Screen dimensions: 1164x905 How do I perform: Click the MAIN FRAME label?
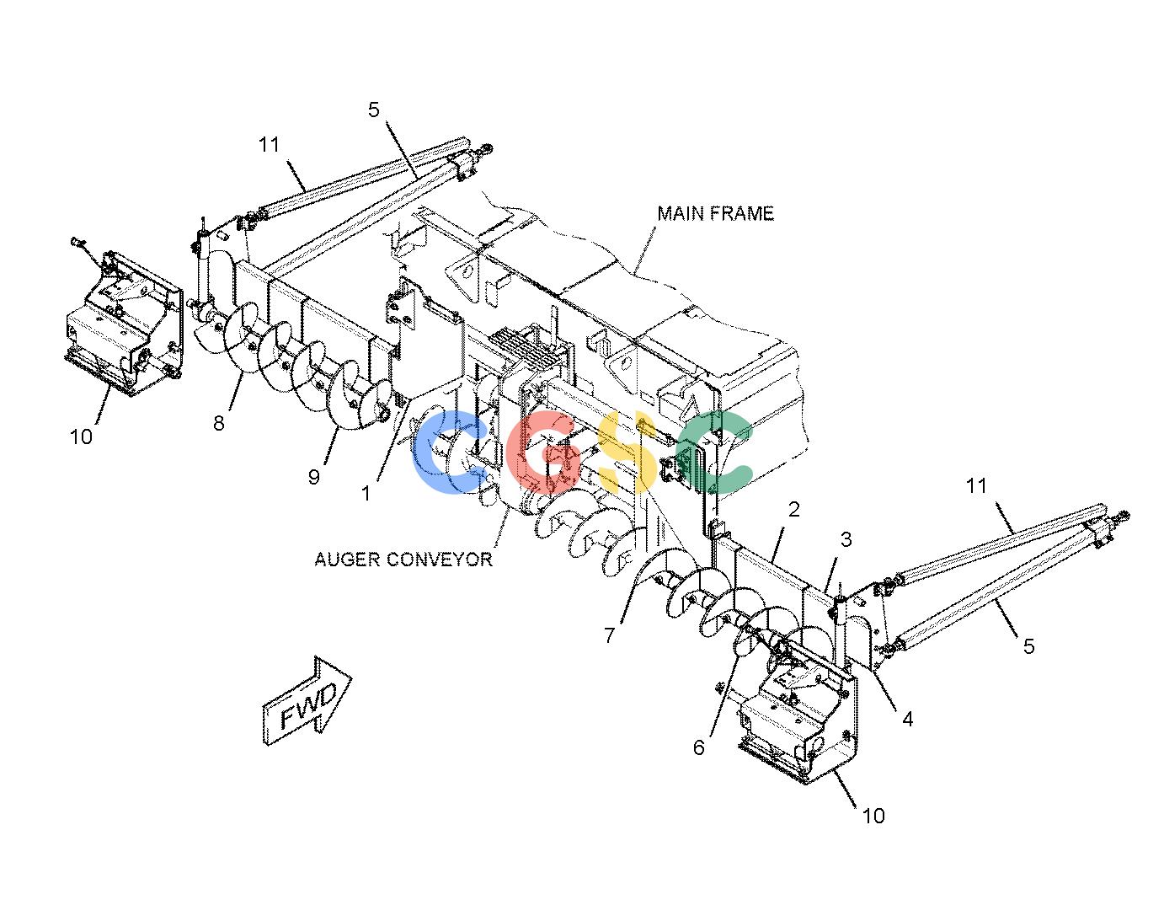[715, 214]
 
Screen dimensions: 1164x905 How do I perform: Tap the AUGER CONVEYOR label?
[403, 560]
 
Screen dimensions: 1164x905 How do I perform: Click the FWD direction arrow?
[307, 700]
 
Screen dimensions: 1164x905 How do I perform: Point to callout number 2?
[794, 509]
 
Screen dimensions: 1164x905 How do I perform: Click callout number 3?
[846, 539]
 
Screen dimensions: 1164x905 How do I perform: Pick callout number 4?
[907, 719]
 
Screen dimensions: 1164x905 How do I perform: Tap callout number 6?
[699, 747]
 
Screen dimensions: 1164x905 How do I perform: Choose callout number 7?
[610, 635]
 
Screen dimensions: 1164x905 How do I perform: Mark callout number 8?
[218, 423]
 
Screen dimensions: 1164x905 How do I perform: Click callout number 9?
[314, 476]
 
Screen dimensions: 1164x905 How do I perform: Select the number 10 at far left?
[82, 436]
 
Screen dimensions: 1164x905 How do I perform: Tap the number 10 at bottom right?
[873, 816]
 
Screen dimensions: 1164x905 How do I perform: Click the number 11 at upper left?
[269, 144]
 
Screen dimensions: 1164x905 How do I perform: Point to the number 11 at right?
[976, 486]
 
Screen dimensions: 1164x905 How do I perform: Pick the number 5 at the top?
[373, 110]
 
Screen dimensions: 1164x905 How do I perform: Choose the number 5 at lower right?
[1029, 647]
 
